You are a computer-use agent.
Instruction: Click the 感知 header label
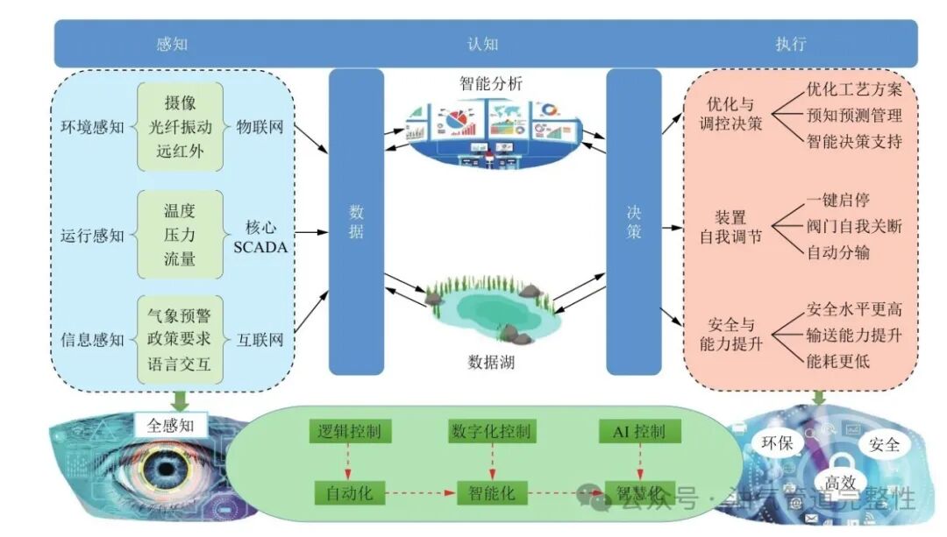[x=172, y=43]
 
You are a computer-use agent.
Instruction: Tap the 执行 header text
[x=790, y=43]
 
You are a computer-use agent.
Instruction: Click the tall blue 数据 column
[x=356, y=223]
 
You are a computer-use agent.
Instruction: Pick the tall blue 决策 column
[x=633, y=223]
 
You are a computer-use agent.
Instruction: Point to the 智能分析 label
[x=490, y=84]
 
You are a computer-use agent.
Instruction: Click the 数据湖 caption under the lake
[x=491, y=361]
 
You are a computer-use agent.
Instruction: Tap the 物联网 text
[x=260, y=127]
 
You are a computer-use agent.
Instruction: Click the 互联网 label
[x=260, y=340]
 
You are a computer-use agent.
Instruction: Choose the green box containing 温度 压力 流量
[x=180, y=235]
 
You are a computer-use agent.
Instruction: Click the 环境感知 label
[x=92, y=127]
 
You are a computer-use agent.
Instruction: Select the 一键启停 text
[x=838, y=201]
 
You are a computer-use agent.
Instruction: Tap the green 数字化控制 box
[x=491, y=431]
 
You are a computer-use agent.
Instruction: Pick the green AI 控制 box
[x=639, y=431]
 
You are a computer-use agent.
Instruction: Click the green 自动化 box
[x=350, y=493]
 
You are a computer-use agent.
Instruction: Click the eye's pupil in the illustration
[x=161, y=471]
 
